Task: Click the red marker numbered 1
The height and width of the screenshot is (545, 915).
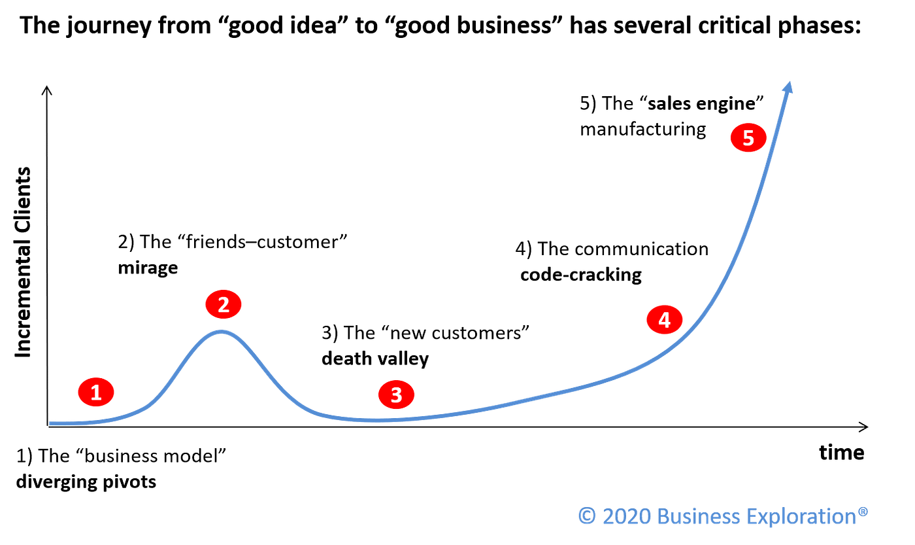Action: (96, 393)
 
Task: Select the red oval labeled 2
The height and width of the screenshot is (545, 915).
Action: (224, 304)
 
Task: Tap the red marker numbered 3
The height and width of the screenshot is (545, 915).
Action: (396, 395)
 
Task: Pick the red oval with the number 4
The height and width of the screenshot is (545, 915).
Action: (665, 320)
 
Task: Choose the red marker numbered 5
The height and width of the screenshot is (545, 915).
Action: (748, 138)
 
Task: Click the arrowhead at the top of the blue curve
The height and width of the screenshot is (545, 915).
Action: (790, 87)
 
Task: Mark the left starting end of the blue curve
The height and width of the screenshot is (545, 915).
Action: (52, 423)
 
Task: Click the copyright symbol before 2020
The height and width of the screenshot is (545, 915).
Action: (586, 516)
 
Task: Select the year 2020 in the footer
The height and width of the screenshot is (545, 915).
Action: (627, 516)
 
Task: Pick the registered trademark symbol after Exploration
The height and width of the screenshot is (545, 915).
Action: (863, 510)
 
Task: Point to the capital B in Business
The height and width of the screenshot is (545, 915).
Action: (663, 516)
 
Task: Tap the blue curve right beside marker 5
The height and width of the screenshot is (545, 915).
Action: (771, 147)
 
